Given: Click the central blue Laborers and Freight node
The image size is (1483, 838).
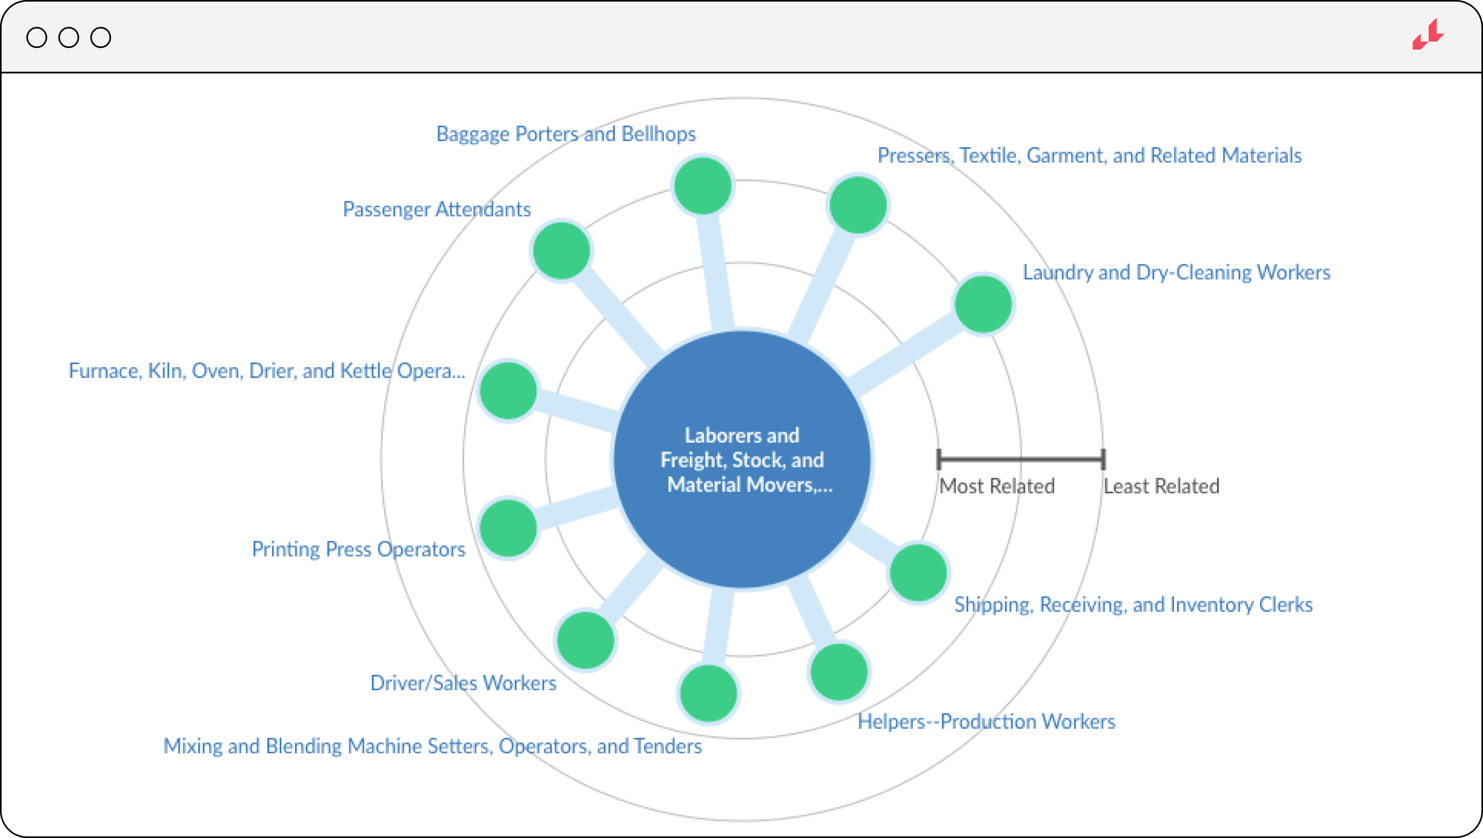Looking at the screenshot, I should (742, 459).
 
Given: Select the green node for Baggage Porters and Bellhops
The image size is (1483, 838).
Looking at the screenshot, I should (703, 186).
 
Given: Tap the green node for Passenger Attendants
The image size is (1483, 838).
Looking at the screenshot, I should (561, 251).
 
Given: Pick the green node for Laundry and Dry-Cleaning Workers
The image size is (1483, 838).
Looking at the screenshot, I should (983, 304).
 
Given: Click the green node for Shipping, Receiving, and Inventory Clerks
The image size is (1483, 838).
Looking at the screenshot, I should (918, 573).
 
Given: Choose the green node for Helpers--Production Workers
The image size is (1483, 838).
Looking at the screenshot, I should (840, 672).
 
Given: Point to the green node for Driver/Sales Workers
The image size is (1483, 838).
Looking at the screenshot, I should (585, 640).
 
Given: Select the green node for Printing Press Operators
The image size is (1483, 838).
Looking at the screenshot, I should (508, 528).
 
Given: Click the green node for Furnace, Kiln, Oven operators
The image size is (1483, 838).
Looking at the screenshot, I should (508, 391).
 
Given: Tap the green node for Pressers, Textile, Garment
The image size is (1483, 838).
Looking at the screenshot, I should (858, 205).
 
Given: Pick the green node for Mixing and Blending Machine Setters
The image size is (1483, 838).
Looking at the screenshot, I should (708, 693).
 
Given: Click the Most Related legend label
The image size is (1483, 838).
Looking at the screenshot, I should (997, 486).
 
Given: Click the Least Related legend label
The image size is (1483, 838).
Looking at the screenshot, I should (1161, 486).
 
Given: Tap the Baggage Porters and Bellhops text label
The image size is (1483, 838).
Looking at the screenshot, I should (566, 134).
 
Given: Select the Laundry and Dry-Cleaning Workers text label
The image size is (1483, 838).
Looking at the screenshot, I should (1176, 272).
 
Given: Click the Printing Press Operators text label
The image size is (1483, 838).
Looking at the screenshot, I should (358, 549).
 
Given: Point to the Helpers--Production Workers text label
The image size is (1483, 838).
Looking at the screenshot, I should (986, 721).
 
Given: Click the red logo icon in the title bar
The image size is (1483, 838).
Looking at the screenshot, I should (1428, 36).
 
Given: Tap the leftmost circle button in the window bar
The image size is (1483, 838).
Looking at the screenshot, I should (37, 37).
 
